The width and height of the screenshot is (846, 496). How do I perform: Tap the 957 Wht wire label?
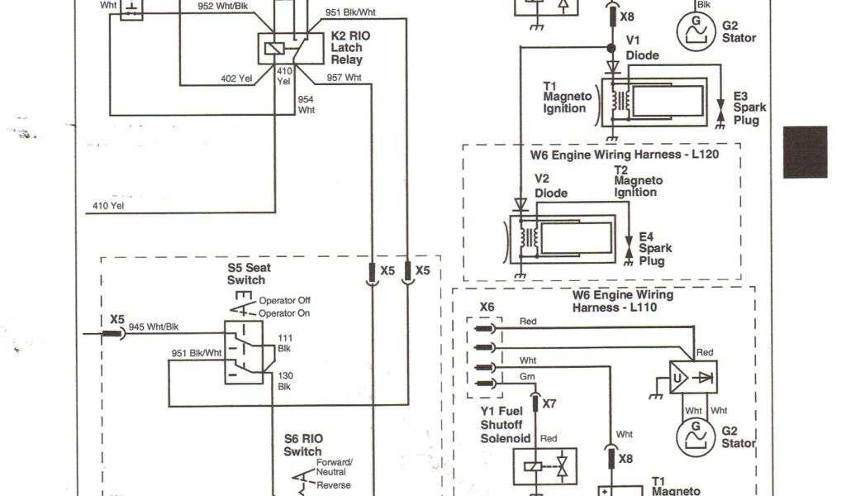pyautogui.click(x=344, y=78)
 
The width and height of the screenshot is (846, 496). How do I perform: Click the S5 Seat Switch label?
pyautogui.click(x=247, y=274)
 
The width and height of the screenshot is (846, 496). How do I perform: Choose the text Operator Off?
pyautogui.click(x=284, y=300)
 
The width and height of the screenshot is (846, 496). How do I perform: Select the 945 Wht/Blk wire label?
pyautogui.click(x=154, y=327)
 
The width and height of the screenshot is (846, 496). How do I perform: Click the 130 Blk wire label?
pyautogui.click(x=285, y=380)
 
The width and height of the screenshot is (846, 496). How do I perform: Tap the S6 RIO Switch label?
pyautogui.click(x=302, y=445)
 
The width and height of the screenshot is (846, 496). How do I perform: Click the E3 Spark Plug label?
pyautogui.click(x=749, y=107)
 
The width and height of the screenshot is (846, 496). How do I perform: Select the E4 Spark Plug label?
pyautogui.click(x=655, y=248)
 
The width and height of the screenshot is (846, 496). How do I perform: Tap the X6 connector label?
pyautogui.click(x=487, y=307)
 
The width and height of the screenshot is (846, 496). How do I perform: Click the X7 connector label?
pyautogui.click(x=549, y=404)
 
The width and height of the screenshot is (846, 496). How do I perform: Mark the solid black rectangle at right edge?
pyautogui.click(x=806, y=151)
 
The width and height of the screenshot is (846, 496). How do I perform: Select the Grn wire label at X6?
pyautogui.click(x=527, y=376)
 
